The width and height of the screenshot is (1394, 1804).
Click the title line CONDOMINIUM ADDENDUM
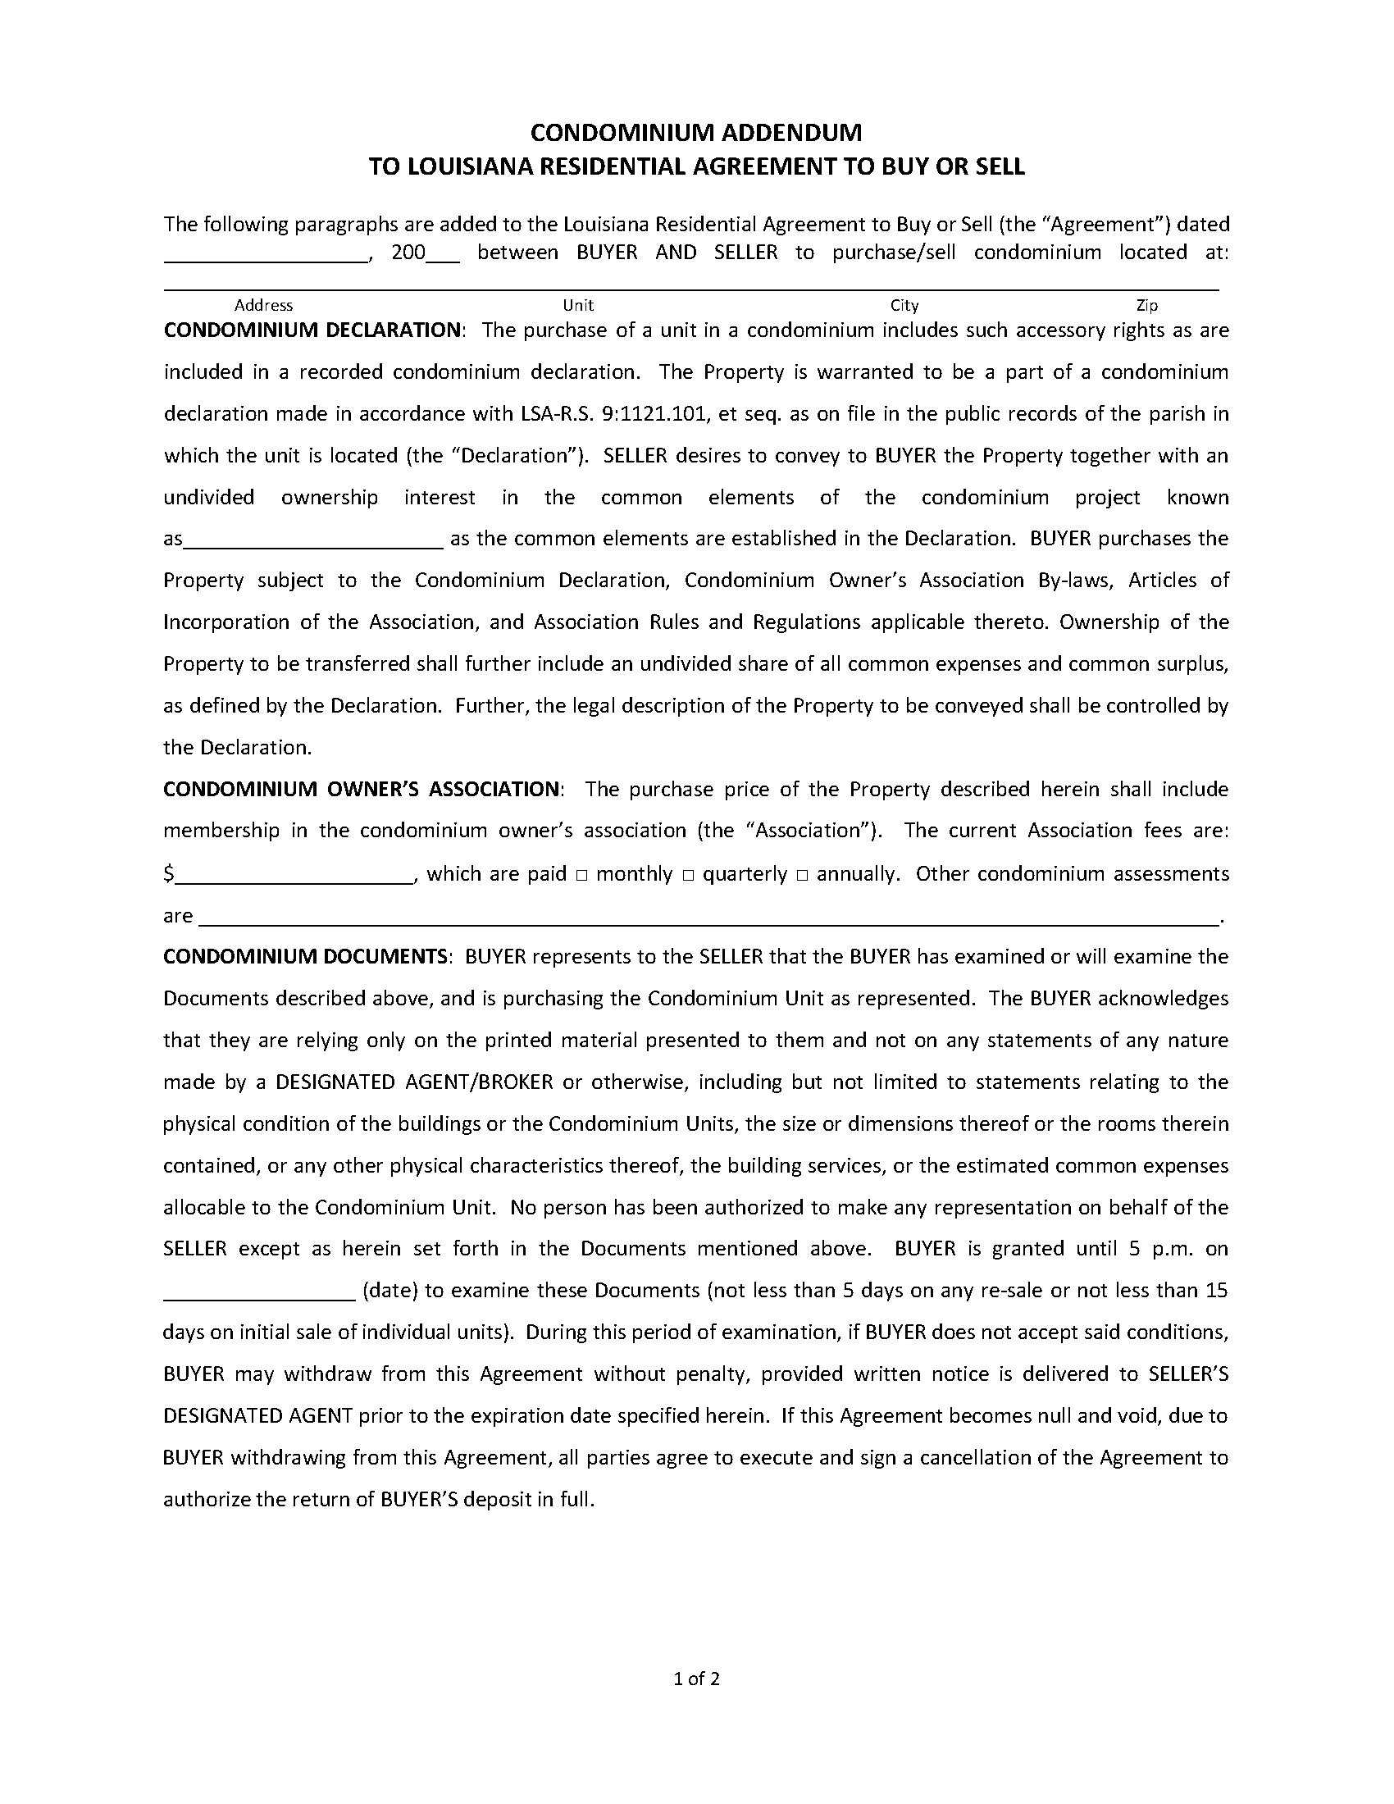pyautogui.click(x=696, y=132)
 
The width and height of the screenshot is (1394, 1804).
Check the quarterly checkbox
pyautogui.click(x=688, y=875)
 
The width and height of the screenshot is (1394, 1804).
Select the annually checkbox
pyautogui.click(x=802, y=875)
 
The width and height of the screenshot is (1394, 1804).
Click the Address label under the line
pyautogui.click(x=263, y=305)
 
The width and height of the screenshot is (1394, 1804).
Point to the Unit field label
pyautogui.click(x=578, y=305)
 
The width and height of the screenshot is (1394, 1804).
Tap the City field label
pyautogui.click(x=904, y=305)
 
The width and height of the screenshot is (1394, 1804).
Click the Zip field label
pyautogui.click(x=1147, y=305)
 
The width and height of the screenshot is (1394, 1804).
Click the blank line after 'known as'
pyautogui.click(x=314, y=544)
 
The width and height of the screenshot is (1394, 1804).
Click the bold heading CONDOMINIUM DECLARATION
pyautogui.click(x=312, y=330)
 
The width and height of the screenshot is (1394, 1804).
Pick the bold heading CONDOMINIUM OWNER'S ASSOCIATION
pyautogui.click(x=362, y=789)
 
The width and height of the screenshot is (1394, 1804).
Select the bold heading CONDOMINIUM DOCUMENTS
pyautogui.click(x=306, y=956)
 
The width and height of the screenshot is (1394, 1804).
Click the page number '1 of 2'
pyautogui.click(x=697, y=1678)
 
